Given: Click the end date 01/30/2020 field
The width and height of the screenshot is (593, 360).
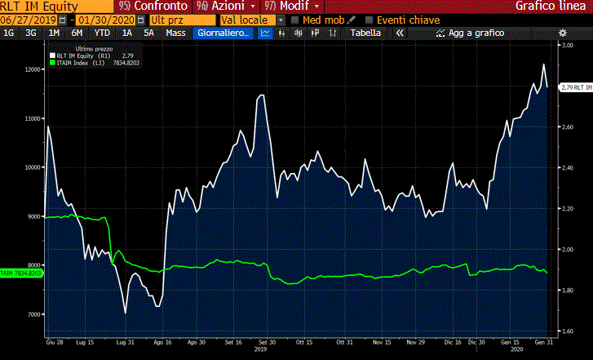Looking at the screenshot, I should (x=105, y=20).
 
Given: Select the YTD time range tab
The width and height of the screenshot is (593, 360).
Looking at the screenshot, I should (x=102, y=33).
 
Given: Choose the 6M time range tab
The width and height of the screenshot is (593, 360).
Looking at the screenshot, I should (x=77, y=33).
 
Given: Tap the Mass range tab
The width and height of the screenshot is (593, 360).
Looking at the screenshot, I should (x=175, y=33).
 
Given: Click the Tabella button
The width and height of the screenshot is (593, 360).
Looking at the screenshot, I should (x=365, y=33).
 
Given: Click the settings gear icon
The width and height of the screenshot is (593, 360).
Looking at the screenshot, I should (x=562, y=33).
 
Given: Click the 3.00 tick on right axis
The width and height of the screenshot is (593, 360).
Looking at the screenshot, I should (x=566, y=47).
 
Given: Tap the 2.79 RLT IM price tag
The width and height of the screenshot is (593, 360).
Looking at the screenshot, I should (x=575, y=87).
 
